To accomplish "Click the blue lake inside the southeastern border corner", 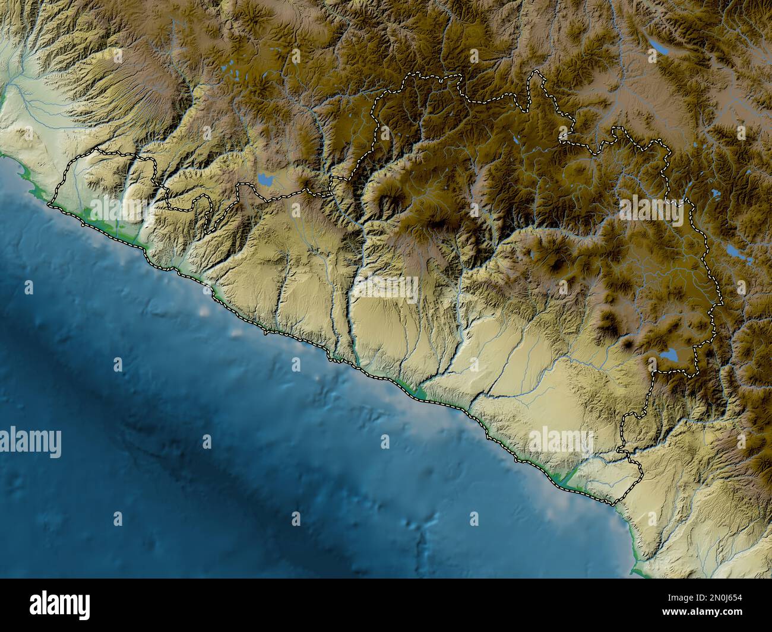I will click(670, 355).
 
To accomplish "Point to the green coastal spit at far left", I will click(27, 174).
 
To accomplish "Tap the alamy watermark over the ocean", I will click(31, 442).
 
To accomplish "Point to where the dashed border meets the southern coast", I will click(615, 504).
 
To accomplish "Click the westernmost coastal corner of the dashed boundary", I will click(51, 205).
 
